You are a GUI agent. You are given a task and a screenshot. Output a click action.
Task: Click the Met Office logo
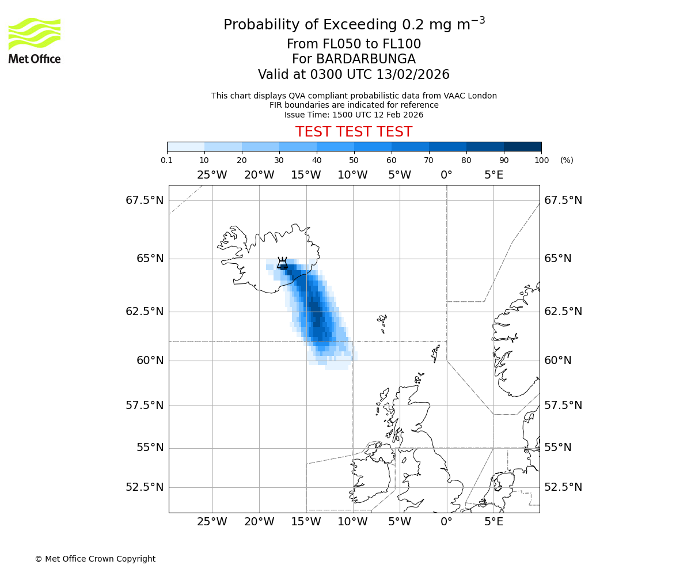pyautogui.click(x=35, y=40)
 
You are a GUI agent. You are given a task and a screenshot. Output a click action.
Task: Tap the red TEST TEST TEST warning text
pyautogui.click(x=354, y=132)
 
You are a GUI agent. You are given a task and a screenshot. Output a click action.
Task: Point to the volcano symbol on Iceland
pyautogui.click(x=282, y=263)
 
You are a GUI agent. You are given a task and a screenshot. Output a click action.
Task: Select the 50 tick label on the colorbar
pyautogui.click(x=354, y=160)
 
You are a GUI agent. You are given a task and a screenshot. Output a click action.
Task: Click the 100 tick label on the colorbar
pyautogui.click(x=541, y=160)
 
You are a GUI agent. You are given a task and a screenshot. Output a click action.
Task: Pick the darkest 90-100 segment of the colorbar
pyautogui.click(x=522, y=146)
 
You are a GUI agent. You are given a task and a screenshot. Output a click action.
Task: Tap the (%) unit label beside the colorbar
pyautogui.click(x=567, y=160)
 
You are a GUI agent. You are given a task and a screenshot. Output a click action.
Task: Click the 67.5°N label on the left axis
pyautogui.click(x=145, y=200)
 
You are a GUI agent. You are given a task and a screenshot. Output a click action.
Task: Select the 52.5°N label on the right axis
pyautogui.click(x=563, y=487)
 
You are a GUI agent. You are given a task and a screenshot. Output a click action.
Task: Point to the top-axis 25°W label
pyautogui.click(x=212, y=175)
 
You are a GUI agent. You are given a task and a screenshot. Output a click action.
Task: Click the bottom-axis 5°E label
pyautogui.click(x=493, y=522)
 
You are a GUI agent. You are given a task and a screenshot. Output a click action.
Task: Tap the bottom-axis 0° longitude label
pyautogui.click(x=446, y=522)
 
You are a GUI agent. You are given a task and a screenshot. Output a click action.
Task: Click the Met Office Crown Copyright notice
pyautogui.click(x=95, y=559)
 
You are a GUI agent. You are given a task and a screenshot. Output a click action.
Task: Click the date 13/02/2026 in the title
pyautogui.click(x=413, y=75)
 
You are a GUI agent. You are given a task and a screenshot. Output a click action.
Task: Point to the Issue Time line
pyautogui.click(x=354, y=115)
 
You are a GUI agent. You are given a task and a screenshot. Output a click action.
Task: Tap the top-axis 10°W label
pyautogui.click(x=352, y=175)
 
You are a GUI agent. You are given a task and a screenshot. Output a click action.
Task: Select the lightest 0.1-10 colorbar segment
pyautogui.click(x=185, y=146)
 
